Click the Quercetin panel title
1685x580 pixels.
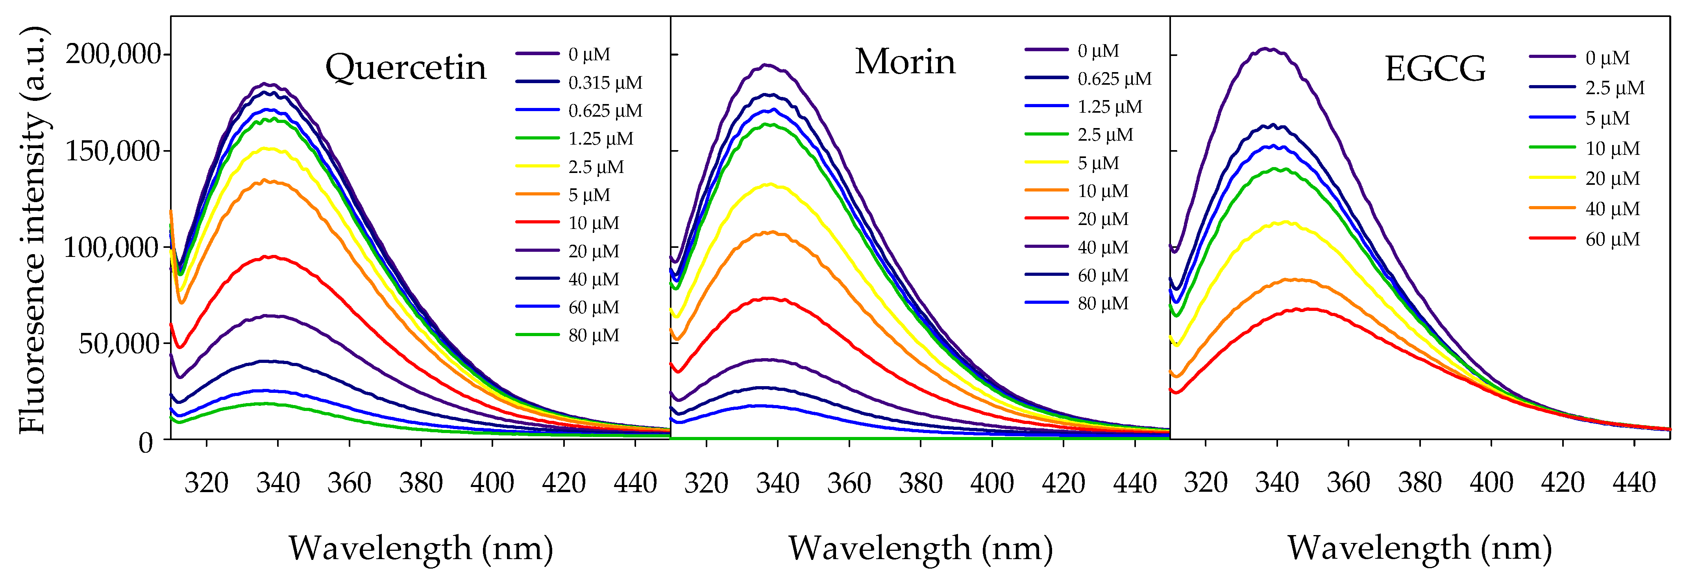405,67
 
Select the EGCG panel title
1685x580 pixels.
1435,69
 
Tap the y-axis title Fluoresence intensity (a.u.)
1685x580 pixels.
33,231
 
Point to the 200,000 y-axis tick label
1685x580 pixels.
113,54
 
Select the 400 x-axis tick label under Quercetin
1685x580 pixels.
492,483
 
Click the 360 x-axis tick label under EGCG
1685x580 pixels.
1348,483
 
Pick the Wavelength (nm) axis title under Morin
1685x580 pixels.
920,548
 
